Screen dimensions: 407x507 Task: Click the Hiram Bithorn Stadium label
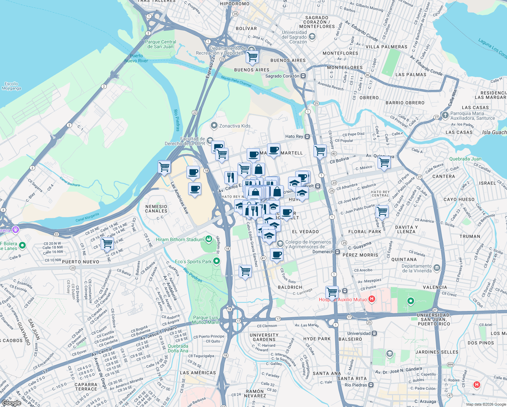180,239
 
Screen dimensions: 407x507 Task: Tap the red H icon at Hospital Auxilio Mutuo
372,299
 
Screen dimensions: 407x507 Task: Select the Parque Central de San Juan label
160,44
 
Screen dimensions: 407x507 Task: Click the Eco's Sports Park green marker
217,261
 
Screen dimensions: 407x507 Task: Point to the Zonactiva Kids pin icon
214,126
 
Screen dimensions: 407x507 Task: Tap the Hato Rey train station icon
307,136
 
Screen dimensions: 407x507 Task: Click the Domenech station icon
337,252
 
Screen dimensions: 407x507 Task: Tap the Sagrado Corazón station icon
303,76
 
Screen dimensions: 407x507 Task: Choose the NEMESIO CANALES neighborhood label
156,209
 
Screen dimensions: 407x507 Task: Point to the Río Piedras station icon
371,385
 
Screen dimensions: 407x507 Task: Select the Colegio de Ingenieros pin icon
280,244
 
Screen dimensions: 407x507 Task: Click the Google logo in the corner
11,403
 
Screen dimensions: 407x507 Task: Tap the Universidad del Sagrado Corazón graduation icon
312,37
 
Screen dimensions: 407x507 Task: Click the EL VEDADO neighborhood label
305,232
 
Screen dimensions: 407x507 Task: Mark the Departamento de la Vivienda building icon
437,268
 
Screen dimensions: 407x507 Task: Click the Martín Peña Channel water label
236,81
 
